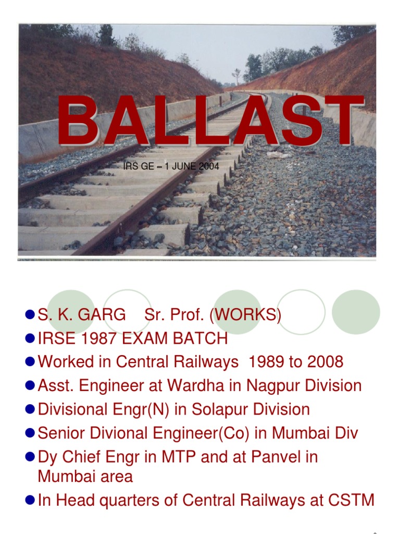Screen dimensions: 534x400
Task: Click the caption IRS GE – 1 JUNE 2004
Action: [171, 167]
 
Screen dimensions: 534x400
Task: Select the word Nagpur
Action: [273, 386]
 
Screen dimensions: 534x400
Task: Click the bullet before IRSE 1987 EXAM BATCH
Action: [30, 339]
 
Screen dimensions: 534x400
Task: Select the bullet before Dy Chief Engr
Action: [30, 457]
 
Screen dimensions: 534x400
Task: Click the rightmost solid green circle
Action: [356, 312]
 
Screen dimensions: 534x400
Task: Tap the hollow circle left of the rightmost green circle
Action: [301, 312]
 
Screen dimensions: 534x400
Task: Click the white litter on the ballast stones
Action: [278, 154]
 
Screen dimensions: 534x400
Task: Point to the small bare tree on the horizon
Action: [238, 75]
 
